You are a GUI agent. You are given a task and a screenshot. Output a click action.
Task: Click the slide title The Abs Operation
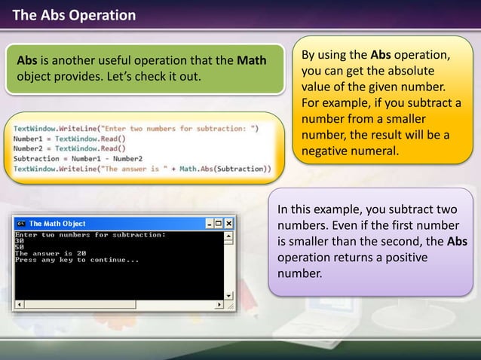(x=74, y=14)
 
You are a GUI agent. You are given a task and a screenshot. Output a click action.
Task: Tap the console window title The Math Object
(x=57, y=224)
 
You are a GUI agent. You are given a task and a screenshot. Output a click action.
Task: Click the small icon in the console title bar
(x=21, y=224)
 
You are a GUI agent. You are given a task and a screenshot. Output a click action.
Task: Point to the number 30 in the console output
(x=20, y=241)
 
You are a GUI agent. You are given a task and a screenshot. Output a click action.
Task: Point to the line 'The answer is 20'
(x=51, y=253)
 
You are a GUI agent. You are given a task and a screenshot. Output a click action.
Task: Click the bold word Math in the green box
(x=251, y=59)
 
